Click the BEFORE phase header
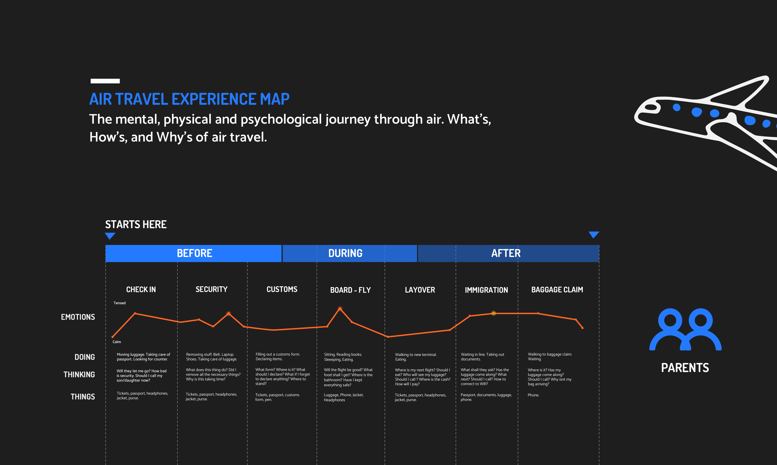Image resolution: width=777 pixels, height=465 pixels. pyautogui.click(x=194, y=253)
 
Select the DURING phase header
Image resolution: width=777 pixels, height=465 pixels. pyautogui.click(x=345, y=253)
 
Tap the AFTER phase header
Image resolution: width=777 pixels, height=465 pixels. pyautogui.click(x=506, y=253)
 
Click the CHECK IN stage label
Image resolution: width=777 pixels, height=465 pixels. pyautogui.click(x=141, y=289)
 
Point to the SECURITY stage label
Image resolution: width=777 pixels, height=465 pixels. pyautogui.click(x=212, y=289)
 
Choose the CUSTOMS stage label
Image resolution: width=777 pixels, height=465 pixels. pyautogui.click(x=282, y=289)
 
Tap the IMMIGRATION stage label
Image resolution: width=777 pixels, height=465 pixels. pyautogui.click(x=486, y=290)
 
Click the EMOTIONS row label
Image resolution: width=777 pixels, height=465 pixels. pyautogui.click(x=78, y=317)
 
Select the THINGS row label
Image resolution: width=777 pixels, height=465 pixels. pyautogui.click(x=83, y=397)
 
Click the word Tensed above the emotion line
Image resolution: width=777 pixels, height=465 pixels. pyautogui.click(x=120, y=303)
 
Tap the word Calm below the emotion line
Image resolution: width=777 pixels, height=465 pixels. pyautogui.click(x=117, y=342)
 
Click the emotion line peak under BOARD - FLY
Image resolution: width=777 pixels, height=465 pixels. pyautogui.click(x=340, y=309)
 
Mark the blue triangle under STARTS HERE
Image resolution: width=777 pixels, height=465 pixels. pyautogui.click(x=110, y=236)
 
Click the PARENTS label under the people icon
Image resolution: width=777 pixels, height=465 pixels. pyautogui.click(x=685, y=368)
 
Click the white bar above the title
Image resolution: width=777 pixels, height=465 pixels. pyautogui.click(x=105, y=81)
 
